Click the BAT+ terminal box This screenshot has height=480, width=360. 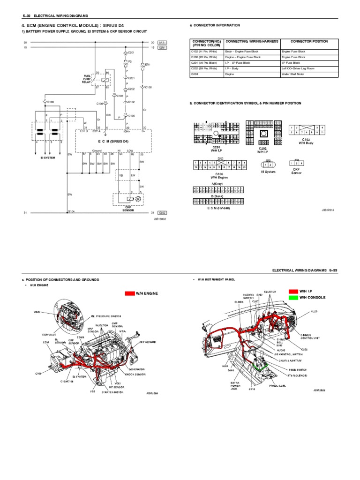coord(163,42)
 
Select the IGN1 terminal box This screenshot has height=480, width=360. coord(163,47)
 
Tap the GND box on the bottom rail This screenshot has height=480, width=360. coord(163,213)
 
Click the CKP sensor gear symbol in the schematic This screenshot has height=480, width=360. coord(138,199)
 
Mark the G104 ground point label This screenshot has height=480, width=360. coord(71,211)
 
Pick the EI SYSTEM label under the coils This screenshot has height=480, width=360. coord(47,157)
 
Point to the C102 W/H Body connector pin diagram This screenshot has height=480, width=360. coord(307,129)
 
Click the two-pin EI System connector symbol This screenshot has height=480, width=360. coord(268,164)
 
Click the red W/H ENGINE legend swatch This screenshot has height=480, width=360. coord(130,293)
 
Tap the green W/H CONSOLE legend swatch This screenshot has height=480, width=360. coord(293,297)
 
